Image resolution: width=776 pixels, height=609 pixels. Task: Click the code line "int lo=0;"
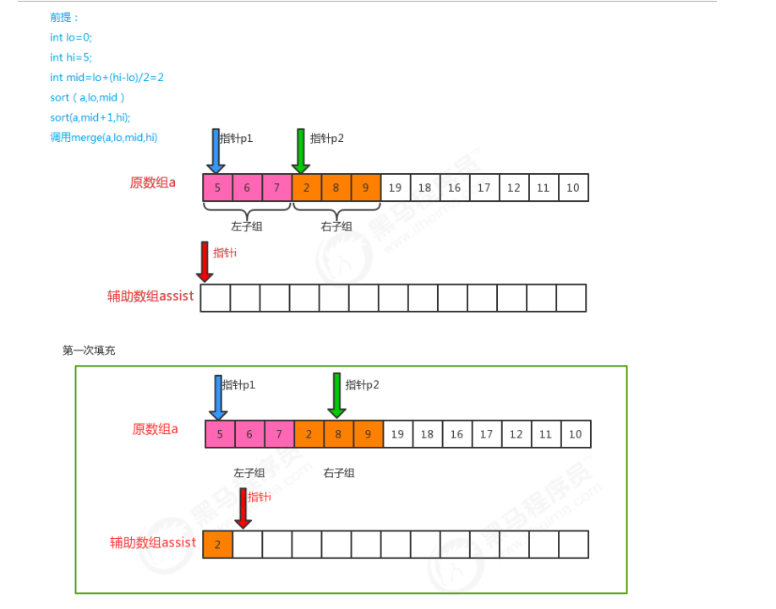[70, 37]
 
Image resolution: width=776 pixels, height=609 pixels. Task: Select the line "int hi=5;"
[69, 57]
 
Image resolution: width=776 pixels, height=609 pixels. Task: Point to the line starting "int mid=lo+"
[107, 78]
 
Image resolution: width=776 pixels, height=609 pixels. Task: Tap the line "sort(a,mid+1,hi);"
[90, 117]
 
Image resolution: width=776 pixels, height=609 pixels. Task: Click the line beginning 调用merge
[103, 138]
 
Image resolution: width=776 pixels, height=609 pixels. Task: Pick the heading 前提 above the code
[64, 17]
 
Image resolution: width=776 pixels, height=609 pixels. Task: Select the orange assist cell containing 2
[217, 545]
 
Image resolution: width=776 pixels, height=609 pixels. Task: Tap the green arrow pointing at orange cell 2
[299, 150]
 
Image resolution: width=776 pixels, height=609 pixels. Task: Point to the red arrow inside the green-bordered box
[243, 508]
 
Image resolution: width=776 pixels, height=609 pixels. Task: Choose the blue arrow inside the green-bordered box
[218, 397]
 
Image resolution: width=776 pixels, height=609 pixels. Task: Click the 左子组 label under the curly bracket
[247, 226]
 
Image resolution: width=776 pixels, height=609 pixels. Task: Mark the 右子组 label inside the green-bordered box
[338, 473]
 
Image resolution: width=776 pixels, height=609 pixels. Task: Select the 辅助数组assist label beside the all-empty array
[150, 296]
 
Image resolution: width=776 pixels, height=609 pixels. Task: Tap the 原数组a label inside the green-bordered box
[155, 429]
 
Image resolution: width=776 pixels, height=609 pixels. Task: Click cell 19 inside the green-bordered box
[397, 434]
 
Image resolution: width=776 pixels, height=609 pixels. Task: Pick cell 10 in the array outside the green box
[573, 188]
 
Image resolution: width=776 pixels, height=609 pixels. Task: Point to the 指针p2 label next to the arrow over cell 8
[363, 385]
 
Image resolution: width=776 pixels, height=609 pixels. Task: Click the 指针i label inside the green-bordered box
[260, 497]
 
